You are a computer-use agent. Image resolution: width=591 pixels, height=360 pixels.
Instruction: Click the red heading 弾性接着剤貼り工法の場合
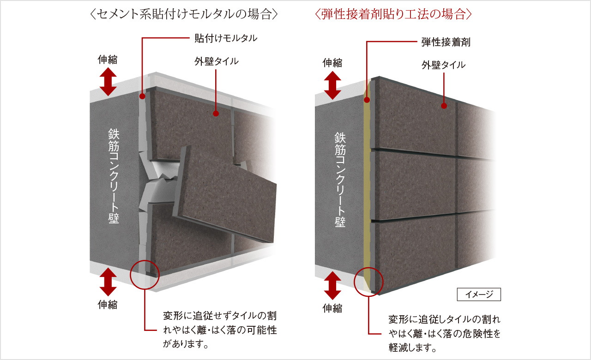[x=393, y=14]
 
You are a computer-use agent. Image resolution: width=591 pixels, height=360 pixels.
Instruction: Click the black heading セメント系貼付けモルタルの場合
[x=184, y=14]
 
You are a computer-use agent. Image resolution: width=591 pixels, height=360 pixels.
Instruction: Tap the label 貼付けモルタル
[x=226, y=38]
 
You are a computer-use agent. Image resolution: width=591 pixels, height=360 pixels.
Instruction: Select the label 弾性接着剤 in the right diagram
[x=446, y=42]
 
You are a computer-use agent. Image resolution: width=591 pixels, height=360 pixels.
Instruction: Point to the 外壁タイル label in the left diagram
[x=217, y=61]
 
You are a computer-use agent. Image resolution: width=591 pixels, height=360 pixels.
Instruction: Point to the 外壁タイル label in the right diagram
[x=443, y=65]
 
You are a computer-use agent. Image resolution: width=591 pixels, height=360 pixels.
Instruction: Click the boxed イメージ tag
[x=479, y=294]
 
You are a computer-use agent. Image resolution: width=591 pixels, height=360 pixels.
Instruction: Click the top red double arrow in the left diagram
[x=108, y=82]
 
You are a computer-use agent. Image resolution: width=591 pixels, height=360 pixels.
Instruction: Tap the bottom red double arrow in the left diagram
[x=108, y=282]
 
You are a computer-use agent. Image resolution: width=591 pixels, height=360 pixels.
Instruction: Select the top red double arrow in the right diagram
[x=332, y=85]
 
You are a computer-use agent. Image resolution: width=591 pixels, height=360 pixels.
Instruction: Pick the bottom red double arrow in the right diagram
[x=332, y=286]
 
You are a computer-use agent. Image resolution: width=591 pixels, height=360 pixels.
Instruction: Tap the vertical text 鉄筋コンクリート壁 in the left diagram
[x=114, y=176]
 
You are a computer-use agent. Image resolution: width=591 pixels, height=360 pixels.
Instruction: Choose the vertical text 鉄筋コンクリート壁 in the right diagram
[x=340, y=180]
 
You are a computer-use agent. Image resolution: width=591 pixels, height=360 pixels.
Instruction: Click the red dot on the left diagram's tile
[x=216, y=114]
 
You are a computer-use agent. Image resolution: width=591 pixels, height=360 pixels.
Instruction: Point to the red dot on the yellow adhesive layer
[x=367, y=100]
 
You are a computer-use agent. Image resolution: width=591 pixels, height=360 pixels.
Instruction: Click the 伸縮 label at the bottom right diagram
[x=332, y=308]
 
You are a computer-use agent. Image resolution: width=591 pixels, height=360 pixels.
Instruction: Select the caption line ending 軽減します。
[x=412, y=348]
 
